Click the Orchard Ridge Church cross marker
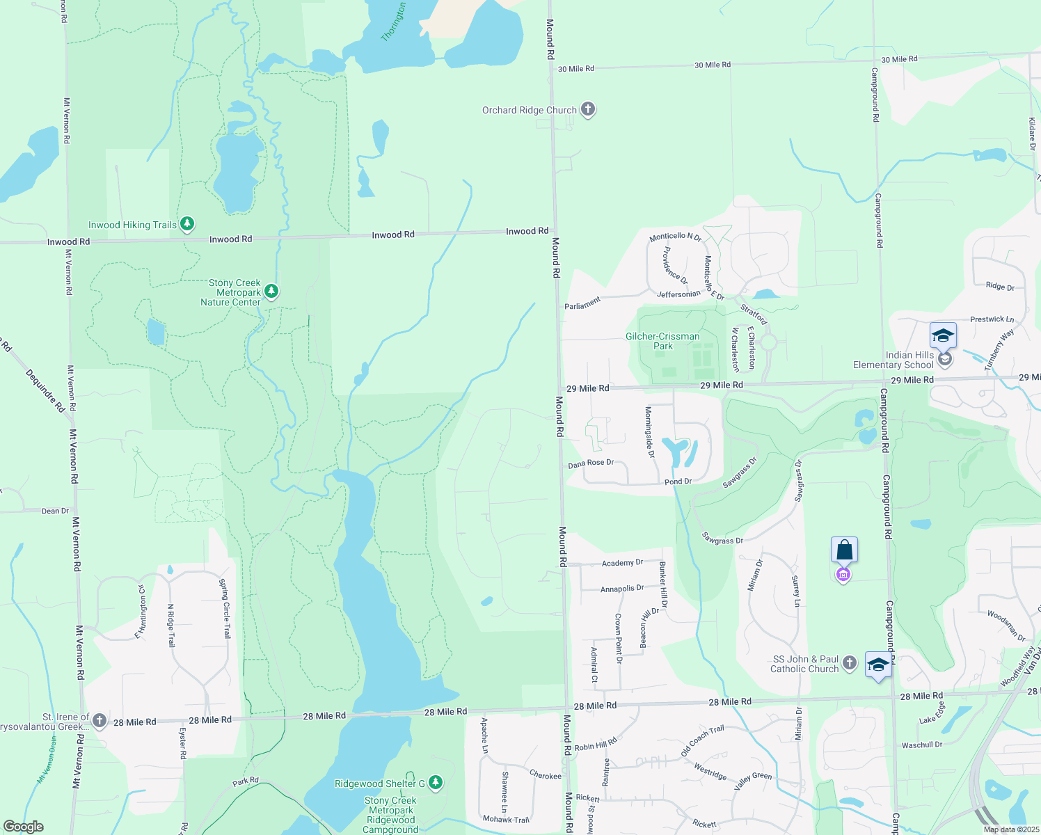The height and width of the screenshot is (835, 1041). [x=588, y=109]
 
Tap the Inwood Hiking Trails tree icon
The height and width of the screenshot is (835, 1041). [x=186, y=224]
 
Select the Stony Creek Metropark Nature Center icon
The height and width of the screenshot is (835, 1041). [x=271, y=292]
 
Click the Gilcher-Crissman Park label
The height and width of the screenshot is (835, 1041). [x=662, y=341]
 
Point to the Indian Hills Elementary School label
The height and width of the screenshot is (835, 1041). [x=893, y=360]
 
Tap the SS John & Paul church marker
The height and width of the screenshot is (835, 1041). [x=850, y=662]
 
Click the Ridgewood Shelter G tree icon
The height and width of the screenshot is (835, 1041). [x=436, y=783]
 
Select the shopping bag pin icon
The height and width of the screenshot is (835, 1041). [x=844, y=550]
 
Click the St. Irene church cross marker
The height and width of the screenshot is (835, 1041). [x=100, y=720]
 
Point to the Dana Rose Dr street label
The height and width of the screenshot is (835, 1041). [x=591, y=463]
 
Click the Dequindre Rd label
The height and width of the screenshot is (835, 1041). [x=45, y=390]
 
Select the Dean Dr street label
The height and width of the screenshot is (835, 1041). [x=56, y=511]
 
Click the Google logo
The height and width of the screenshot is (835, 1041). [x=24, y=827]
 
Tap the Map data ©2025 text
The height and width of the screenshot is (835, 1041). [x=1011, y=829]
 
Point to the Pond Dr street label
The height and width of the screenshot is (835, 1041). [x=678, y=482]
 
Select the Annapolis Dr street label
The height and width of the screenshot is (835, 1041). [x=622, y=589]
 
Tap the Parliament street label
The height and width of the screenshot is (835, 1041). [x=582, y=303]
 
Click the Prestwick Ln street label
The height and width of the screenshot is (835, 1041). [x=992, y=319]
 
